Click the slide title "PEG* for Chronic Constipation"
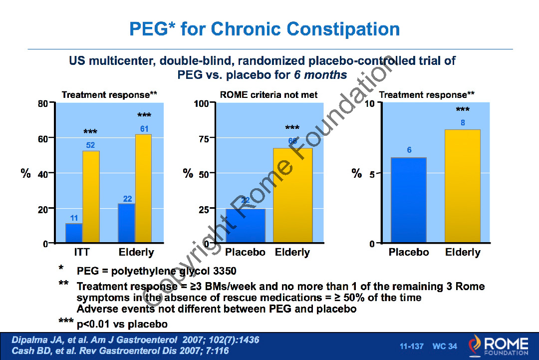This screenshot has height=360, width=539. pos(265,28)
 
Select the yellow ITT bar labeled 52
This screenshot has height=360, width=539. pos(91,197)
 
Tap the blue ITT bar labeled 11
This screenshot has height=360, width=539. pos(74,233)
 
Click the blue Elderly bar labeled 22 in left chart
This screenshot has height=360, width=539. pos(126,223)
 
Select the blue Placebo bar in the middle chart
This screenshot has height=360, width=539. pos(245,226)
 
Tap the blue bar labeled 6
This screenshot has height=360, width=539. pos(409,200)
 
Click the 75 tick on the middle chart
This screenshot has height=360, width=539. pos(204,139)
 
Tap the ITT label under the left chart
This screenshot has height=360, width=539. pos(81,252)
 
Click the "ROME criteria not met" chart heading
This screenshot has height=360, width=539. pos(269,94)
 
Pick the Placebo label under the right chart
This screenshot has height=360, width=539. pos(409,252)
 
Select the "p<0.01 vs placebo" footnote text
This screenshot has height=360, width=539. pos(122,324)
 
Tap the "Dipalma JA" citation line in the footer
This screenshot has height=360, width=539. pos(135,340)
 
